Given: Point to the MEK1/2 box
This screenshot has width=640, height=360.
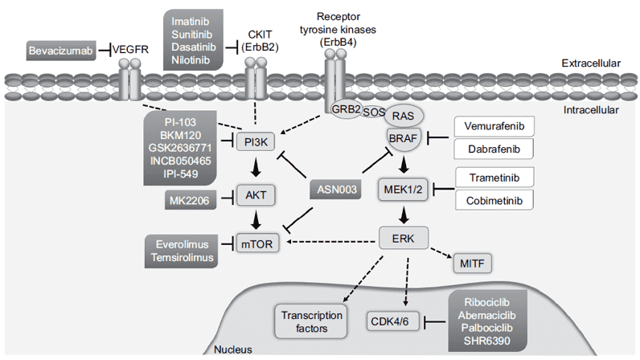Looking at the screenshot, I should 404,190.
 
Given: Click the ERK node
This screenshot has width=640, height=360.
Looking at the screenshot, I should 404,238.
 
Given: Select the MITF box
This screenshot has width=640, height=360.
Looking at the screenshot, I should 468,262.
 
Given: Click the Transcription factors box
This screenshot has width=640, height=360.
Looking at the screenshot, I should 312,319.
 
